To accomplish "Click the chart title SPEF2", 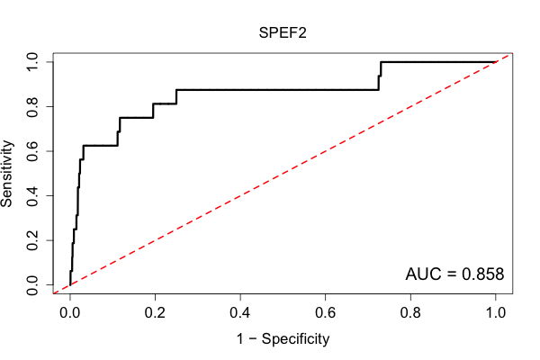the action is click(283, 33).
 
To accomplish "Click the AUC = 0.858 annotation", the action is click(454, 274).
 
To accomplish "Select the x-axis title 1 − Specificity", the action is click(283, 339).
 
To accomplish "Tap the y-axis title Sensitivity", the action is click(7, 174).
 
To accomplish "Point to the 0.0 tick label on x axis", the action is click(70, 312).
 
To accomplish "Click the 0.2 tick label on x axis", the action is click(155, 312).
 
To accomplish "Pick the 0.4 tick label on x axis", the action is click(240, 312).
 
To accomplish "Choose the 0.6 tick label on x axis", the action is click(325, 312).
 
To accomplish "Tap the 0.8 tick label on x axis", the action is click(410, 312).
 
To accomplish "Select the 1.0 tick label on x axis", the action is click(496, 312).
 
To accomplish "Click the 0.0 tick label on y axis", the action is click(32, 285).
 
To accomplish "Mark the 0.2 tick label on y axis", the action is click(32, 240).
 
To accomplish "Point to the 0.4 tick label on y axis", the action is click(32, 195).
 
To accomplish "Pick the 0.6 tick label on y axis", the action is click(32, 151).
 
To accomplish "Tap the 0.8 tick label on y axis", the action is click(32, 107).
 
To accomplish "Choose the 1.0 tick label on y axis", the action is click(32, 62).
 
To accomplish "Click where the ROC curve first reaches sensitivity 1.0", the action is click(381, 62).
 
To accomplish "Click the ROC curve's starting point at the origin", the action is click(70, 285).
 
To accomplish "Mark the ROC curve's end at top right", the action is click(496, 62).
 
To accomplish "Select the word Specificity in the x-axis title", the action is click(295, 339).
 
